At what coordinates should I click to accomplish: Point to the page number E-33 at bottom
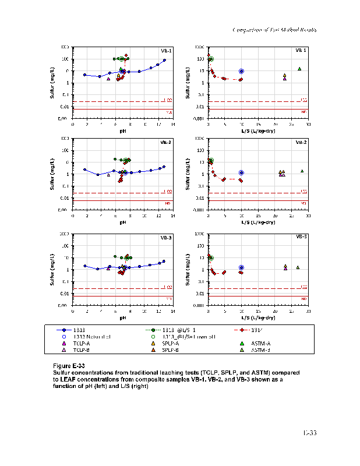309,432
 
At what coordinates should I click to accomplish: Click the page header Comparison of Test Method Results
274,30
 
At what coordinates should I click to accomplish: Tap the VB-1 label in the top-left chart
167,51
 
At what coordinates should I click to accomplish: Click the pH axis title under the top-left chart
123,132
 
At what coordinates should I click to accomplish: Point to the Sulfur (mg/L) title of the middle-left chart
52,174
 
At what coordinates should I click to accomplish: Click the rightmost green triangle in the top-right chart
299,69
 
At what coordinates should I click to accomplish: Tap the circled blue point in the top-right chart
241,71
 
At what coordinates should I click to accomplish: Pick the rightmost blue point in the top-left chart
164,60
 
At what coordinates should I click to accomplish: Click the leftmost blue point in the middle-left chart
84,170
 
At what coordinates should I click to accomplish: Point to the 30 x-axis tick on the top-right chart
308,125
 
